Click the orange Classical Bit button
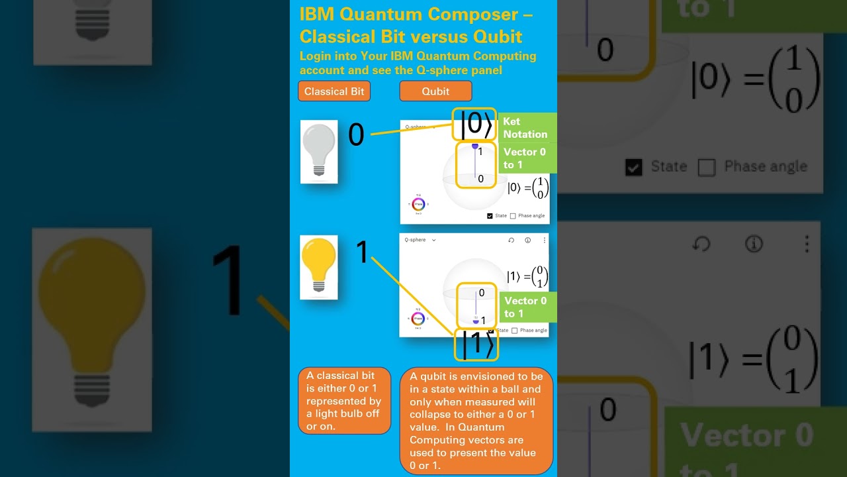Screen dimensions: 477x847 (334, 91)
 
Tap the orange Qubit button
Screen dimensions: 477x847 (435, 91)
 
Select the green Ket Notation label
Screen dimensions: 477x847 (525, 128)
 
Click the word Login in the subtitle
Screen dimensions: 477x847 (315, 56)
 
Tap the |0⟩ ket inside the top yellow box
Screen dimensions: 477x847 (475, 125)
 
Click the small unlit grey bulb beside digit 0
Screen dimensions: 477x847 (319, 151)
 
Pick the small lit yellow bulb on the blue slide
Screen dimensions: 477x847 (319, 266)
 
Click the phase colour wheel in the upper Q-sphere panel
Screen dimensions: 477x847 (418, 204)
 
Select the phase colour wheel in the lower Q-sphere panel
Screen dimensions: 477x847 (418, 319)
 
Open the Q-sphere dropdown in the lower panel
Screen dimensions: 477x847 (433, 240)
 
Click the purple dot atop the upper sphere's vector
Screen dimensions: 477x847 (474, 146)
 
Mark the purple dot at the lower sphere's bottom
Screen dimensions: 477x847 (475, 322)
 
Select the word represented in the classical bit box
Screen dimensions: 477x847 (343, 401)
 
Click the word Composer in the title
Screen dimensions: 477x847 (482, 15)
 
